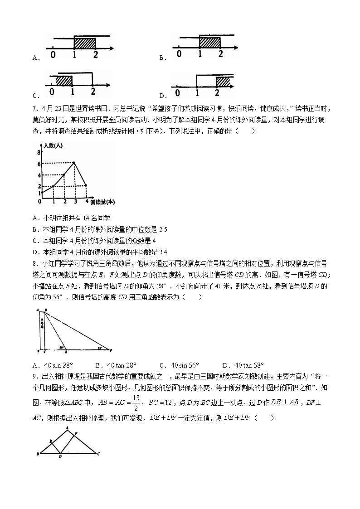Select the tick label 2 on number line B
(x=220, y=54)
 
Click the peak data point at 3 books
(x=75, y=163)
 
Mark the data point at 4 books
(x=86, y=185)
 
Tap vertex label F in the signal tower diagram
(x=111, y=350)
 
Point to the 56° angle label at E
(x=60, y=348)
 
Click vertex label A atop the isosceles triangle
(x=67, y=427)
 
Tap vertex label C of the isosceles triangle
(x=98, y=453)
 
